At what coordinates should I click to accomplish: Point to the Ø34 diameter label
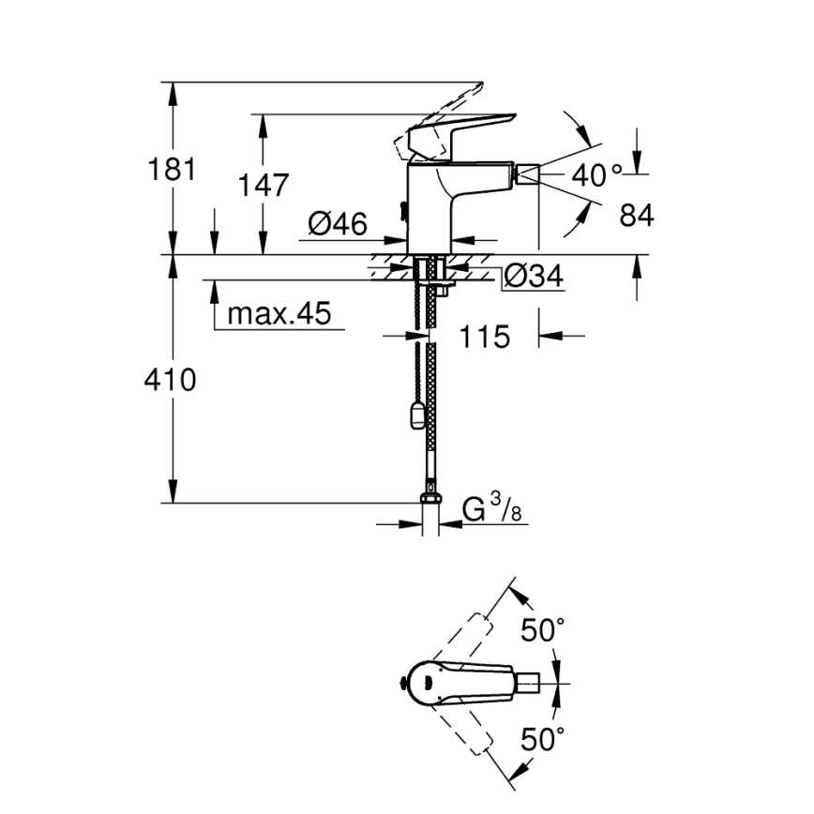click(533, 277)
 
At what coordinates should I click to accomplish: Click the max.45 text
click(279, 314)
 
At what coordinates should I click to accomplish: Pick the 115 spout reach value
click(484, 336)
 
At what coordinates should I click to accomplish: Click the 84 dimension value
click(636, 216)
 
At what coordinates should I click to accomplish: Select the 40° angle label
click(596, 174)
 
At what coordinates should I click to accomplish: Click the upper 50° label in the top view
click(544, 631)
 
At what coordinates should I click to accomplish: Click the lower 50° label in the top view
click(544, 741)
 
